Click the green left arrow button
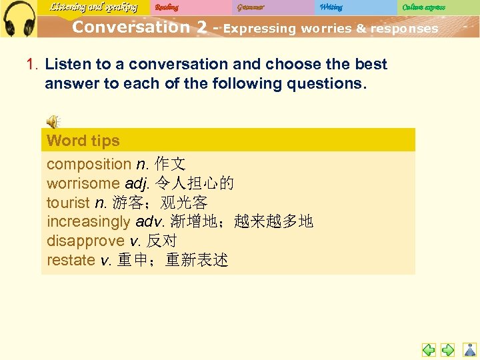(x=429, y=349)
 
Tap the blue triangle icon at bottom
(x=470, y=349)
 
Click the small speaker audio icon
(x=52, y=121)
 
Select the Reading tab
(x=167, y=7)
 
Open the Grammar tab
(x=251, y=7)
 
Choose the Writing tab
(x=331, y=7)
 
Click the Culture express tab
(x=424, y=7)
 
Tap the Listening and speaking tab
(x=93, y=7)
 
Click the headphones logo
(x=19, y=18)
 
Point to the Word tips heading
(x=83, y=141)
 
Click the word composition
(x=89, y=164)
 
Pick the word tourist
(x=68, y=203)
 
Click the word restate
(x=71, y=260)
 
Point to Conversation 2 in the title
(x=140, y=27)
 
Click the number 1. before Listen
(x=32, y=64)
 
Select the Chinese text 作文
(x=170, y=164)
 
